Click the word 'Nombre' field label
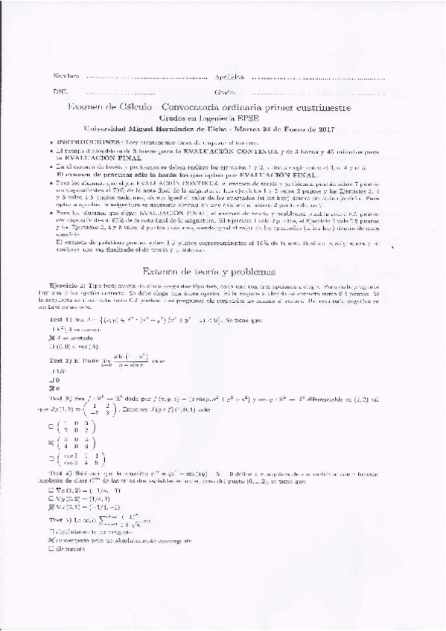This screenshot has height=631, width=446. tap(65, 77)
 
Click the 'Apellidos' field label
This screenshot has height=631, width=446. tap(230, 77)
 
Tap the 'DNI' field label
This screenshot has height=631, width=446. tap(60, 92)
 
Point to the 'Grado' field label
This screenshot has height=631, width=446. tap(225, 92)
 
